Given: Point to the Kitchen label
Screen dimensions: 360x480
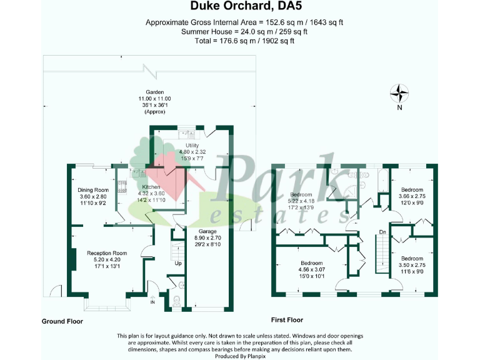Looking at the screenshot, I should tap(151, 187).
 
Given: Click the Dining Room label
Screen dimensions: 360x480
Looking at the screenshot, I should tap(93, 190).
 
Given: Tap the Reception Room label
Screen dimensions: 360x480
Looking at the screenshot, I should tap(93, 253).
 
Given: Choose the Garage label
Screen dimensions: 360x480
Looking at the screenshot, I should tap(208, 231).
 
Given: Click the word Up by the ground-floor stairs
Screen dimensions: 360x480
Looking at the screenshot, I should tap(178, 263).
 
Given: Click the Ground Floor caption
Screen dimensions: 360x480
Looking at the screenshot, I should tap(62, 321).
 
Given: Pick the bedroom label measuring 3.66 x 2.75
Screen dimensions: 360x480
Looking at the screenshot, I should tap(412, 189).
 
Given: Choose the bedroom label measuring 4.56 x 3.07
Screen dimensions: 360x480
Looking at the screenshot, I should tap(311, 263).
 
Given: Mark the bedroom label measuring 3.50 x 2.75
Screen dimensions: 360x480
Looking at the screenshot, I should tap(412, 258).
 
